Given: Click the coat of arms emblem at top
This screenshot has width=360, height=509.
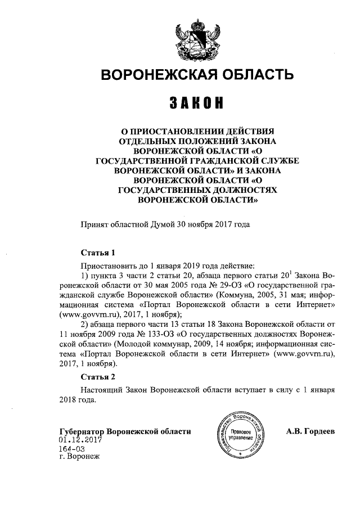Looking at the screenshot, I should click(196, 37).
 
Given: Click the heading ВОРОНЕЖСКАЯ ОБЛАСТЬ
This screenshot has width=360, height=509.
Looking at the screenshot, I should click(196, 75).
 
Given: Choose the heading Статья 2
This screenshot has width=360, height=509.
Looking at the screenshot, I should click(98, 376).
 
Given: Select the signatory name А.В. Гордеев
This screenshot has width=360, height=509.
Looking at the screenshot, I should click(310, 432).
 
